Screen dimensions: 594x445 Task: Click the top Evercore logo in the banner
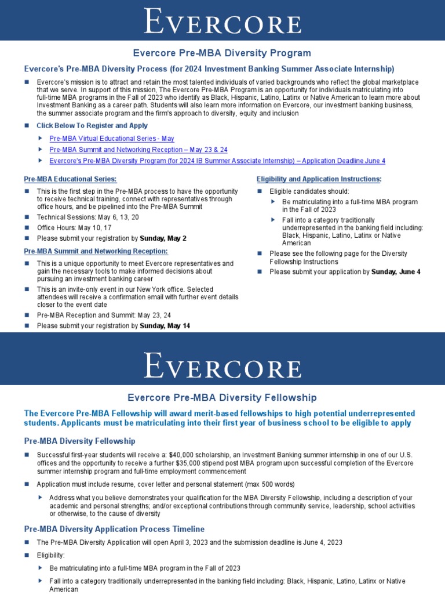point(222,21)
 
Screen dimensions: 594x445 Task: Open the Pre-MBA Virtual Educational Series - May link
point(112,139)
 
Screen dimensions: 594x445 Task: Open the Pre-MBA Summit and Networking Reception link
point(138,150)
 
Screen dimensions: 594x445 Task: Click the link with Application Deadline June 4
point(217,161)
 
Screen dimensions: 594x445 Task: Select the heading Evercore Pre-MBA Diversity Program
point(222,53)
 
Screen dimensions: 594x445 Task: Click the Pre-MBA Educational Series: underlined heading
point(70,179)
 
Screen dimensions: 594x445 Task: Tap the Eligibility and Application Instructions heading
point(319,179)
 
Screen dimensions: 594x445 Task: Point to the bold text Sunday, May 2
point(164,238)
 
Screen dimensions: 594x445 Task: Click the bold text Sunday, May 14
point(165,326)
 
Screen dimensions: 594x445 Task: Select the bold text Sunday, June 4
point(396,271)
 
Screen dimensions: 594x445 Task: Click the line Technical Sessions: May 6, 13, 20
point(88,217)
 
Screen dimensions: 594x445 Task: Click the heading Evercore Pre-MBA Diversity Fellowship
point(222,397)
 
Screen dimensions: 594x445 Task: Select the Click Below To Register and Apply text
point(92,125)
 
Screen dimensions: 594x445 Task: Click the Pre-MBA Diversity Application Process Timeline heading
point(114,529)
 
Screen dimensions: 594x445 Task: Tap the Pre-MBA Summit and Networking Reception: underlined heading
point(96,251)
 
